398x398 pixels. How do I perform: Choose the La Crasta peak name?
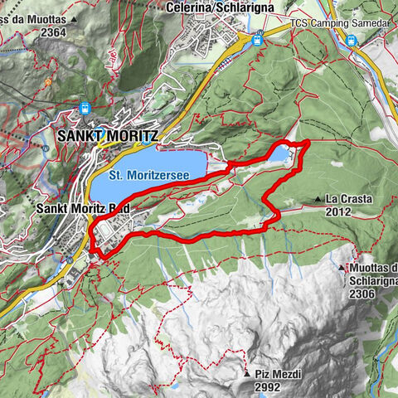(347, 199)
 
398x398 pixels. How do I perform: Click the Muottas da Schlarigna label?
(373, 273)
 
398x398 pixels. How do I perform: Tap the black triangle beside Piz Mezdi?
(247, 376)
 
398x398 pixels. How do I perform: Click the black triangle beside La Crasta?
(318, 199)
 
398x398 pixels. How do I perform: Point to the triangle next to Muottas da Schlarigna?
(346, 267)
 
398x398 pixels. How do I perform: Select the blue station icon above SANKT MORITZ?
(85, 107)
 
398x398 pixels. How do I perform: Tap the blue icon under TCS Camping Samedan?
(352, 39)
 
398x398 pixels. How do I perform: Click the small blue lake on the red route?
(280, 154)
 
